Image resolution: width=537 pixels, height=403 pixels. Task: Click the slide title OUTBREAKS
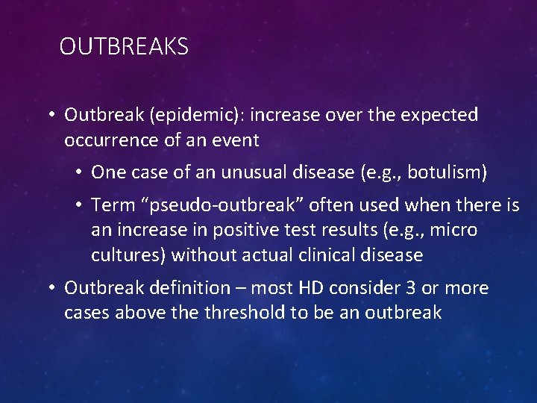click(124, 47)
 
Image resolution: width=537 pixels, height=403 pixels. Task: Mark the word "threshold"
click(242, 313)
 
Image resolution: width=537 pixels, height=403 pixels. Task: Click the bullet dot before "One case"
click(78, 173)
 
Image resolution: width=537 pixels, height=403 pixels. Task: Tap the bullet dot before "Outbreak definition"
click(52, 288)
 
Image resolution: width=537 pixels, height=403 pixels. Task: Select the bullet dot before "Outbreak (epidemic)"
click(52, 115)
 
